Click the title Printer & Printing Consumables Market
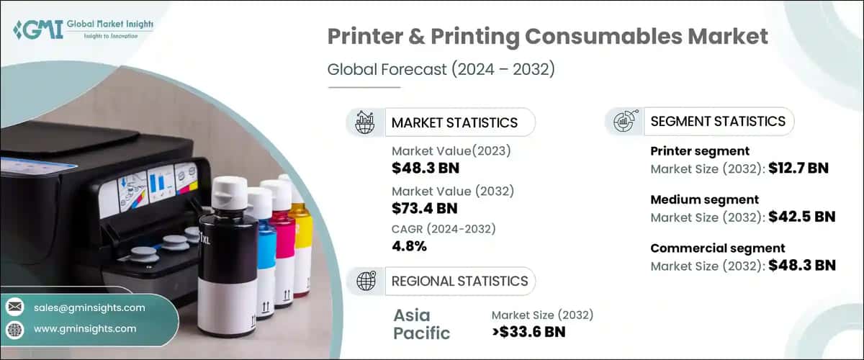pos(537,37)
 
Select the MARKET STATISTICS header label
pos(454,122)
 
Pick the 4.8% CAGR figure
pos(409,246)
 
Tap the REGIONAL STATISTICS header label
pos(459,281)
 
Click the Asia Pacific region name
pos(422,324)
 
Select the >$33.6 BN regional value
pos(528,332)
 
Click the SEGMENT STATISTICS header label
pos(718,121)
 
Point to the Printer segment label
pos(700,151)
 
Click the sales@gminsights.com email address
pos(89,307)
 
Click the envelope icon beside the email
pos(14,307)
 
